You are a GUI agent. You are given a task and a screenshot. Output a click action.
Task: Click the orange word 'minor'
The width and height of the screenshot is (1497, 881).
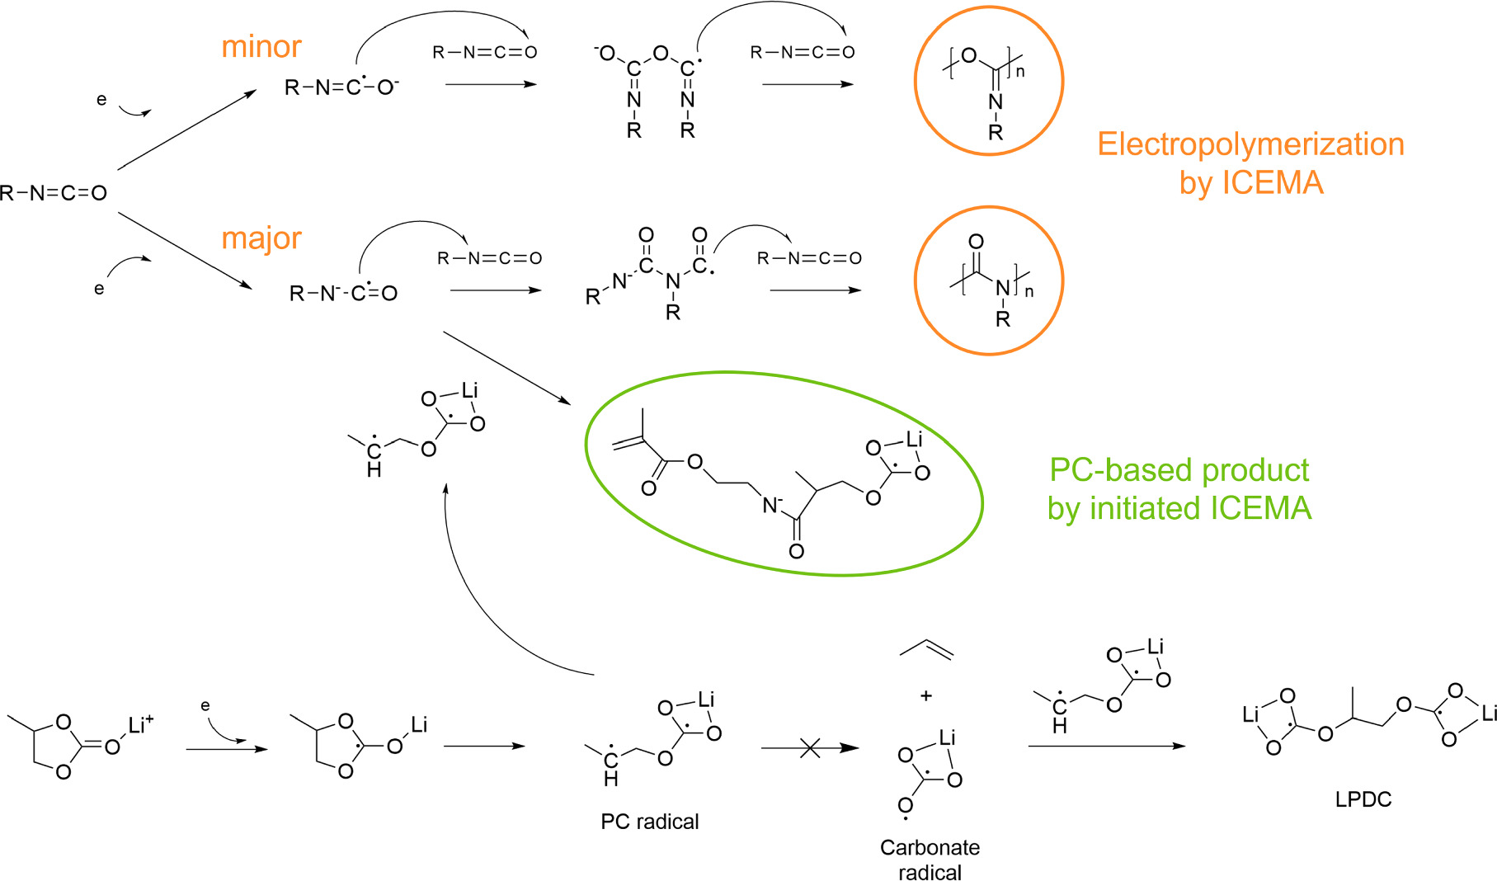(x=261, y=46)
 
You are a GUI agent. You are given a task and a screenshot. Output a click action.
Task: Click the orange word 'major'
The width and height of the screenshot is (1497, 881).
(x=261, y=238)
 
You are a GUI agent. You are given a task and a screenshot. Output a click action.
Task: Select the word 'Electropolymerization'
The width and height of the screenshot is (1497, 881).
(x=1250, y=144)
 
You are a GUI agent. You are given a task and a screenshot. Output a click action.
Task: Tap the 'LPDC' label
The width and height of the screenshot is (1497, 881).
(x=1363, y=799)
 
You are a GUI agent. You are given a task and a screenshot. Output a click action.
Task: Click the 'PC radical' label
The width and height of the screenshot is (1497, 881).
(x=649, y=822)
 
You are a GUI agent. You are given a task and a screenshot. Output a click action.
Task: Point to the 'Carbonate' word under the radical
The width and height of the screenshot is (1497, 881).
(x=930, y=847)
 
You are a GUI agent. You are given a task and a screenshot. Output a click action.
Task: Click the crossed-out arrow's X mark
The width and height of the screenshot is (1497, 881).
(x=810, y=748)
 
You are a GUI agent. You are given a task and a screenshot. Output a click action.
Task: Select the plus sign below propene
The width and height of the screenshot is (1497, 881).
(x=925, y=696)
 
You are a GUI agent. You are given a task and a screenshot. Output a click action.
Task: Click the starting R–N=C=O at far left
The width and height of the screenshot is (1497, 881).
(x=54, y=193)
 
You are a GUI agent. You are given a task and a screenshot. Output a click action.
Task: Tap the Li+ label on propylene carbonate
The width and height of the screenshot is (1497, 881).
(x=139, y=726)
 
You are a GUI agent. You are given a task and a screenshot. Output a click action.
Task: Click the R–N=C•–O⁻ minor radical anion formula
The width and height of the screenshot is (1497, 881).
(x=341, y=87)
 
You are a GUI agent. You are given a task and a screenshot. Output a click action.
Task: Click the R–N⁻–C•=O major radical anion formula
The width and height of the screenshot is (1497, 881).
(x=343, y=293)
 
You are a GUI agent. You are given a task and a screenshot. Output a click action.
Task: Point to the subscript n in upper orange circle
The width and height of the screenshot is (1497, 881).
(x=1020, y=72)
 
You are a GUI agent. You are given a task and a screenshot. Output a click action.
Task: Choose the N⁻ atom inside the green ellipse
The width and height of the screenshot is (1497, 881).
(x=772, y=505)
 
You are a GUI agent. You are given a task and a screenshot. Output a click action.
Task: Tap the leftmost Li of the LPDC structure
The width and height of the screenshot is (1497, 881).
(x=1250, y=714)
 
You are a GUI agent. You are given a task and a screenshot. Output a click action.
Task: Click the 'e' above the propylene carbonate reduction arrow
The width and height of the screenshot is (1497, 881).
(x=205, y=706)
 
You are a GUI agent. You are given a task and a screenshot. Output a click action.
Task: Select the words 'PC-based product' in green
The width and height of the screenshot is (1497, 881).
(x=1179, y=470)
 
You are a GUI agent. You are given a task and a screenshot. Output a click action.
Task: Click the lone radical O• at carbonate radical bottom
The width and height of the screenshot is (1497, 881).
(x=906, y=806)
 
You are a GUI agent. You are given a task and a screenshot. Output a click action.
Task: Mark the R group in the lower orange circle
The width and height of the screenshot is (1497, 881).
(x=1003, y=319)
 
